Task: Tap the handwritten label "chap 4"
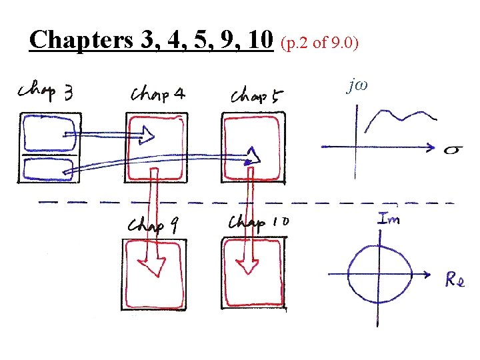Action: click(158, 94)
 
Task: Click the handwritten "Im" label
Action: click(389, 218)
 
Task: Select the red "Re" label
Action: click(455, 281)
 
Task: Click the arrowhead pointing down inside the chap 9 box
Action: click(155, 266)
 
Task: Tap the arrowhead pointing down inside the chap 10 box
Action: click(249, 265)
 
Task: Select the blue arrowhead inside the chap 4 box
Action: click(146, 137)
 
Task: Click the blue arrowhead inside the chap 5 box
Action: click(252, 157)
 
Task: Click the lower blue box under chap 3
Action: click(50, 169)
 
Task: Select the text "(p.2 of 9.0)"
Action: click(320, 43)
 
